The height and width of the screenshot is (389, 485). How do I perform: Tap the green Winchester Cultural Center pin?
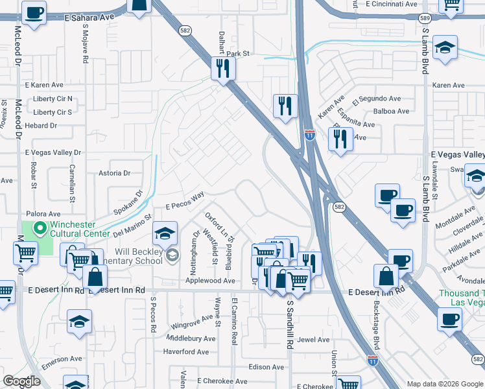pos(38,228)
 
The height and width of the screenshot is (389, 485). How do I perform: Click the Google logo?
pos(22,381)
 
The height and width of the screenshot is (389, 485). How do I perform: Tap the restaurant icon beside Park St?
pos(222,69)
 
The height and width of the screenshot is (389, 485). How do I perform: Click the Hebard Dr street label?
pos(41,125)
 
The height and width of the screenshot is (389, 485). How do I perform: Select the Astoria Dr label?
pos(114,173)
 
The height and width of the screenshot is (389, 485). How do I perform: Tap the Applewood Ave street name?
pos(210,281)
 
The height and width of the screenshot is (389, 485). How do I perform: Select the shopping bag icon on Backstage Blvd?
pos(386,276)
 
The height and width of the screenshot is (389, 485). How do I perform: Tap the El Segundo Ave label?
pos(377,100)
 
